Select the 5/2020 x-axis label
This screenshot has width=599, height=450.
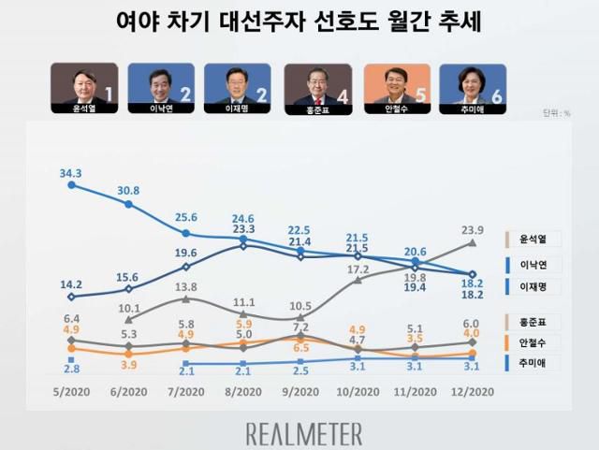pos(71,391)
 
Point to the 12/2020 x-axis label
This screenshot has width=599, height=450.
pos(473,391)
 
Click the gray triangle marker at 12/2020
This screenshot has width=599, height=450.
pos(473,243)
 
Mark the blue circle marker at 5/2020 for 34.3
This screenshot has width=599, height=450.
pos(71,185)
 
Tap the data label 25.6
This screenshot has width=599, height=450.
pos(186,217)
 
